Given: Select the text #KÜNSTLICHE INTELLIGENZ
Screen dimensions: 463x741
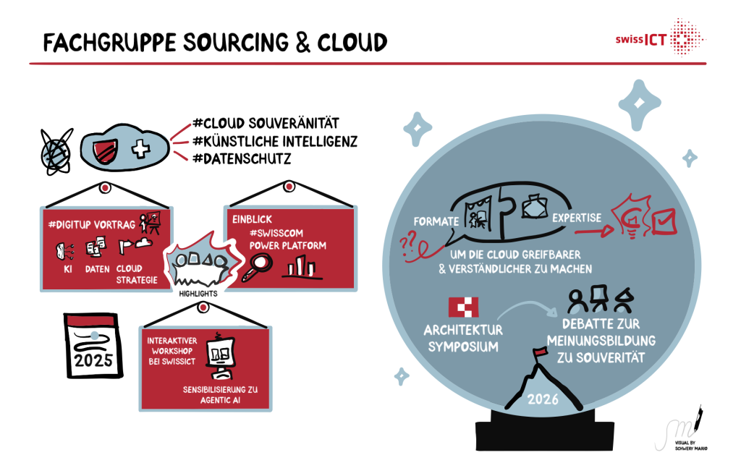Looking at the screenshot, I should pos(274,140).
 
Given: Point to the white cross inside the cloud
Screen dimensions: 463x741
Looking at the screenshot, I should pos(140,150).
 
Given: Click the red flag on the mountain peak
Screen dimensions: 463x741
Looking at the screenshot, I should pos(538,353).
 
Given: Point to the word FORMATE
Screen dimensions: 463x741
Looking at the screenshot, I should pos(433,221).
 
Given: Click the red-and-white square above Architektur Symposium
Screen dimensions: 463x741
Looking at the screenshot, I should pos(463,307).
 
